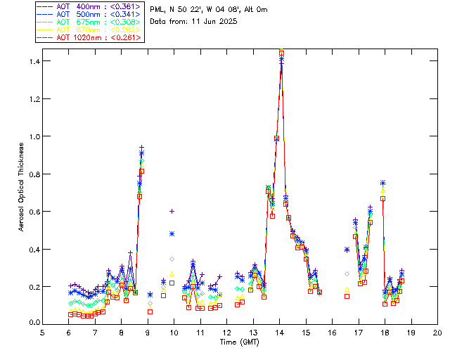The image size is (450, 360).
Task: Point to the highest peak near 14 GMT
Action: click(x=281, y=51)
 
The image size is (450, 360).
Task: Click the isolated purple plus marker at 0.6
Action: click(x=172, y=211)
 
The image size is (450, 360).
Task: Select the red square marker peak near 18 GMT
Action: click(x=383, y=199)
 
